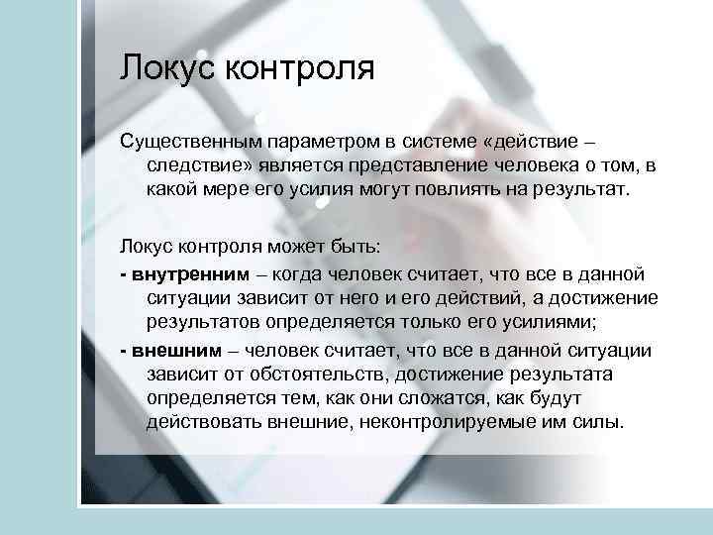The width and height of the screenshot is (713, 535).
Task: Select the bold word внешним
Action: coord(168,352)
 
